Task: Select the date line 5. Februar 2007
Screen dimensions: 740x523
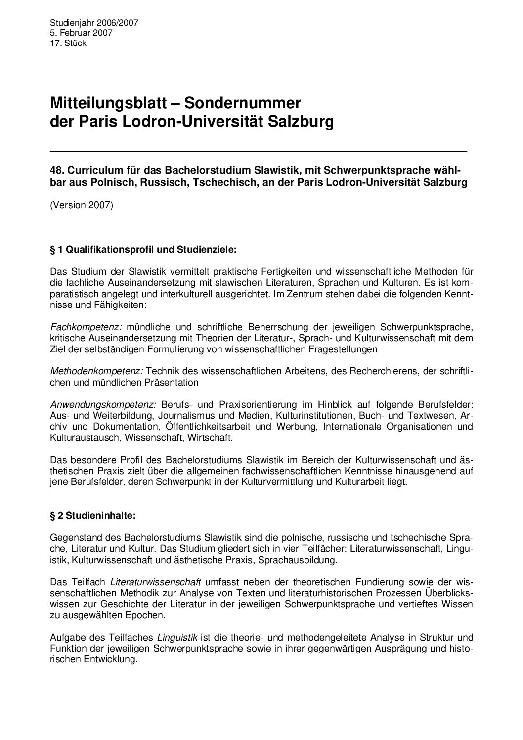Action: point(81,33)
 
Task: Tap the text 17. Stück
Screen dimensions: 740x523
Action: point(68,44)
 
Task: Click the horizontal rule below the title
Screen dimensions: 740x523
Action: point(258,150)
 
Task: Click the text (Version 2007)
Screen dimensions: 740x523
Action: point(82,205)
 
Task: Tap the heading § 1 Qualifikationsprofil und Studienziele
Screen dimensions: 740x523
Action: point(143,250)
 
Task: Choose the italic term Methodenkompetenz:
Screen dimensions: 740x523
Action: point(97,371)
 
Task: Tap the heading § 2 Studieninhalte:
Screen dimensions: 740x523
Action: point(93,515)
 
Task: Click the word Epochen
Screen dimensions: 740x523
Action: point(149,615)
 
